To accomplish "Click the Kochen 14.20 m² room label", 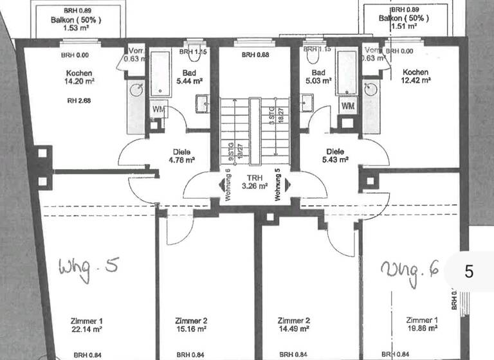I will pyautogui.click(x=79, y=77).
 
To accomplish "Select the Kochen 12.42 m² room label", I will pyautogui.click(x=416, y=76).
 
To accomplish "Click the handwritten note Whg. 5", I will pyautogui.click(x=88, y=265).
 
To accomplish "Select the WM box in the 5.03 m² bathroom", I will pyautogui.click(x=347, y=105).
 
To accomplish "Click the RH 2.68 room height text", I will pyautogui.click(x=79, y=100).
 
